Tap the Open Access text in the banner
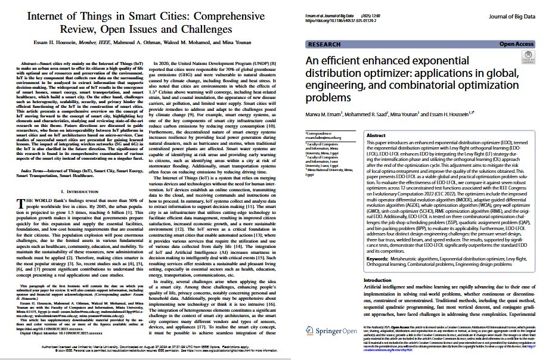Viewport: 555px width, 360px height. coord(516,44)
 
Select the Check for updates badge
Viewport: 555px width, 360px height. coord(528,58)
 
